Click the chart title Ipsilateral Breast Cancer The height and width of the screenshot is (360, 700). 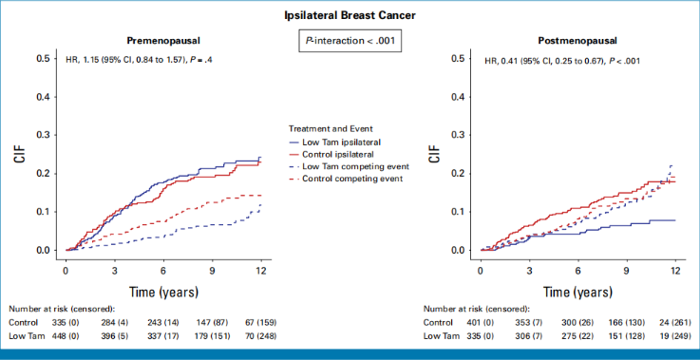click(x=350, y=15)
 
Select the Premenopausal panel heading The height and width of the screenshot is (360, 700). click(x=163, y=41)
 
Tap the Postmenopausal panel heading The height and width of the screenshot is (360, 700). click(x=577, y=41)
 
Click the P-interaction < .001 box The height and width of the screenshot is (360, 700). click(x=350, y=41)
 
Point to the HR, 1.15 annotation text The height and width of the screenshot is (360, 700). click(x=139, y=61)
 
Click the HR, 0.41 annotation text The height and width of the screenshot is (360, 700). click(x=562, y=61)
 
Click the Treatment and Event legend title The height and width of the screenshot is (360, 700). click(x=331, y=128)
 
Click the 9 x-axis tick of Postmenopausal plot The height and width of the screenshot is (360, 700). click(x=627, y=270)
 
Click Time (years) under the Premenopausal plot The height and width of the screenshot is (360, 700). click(x=163, y=293)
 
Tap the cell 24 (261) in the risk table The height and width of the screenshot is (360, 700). click(x=677, y=323)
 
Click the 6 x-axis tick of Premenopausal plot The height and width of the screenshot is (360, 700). click(x=163, y=270)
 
